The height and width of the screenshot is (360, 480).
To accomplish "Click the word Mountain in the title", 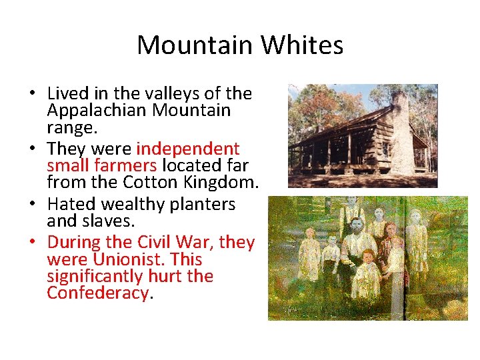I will click(195, 45).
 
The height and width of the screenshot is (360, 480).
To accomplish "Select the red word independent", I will click(187, 148).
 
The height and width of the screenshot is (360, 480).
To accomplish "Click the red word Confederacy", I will click(97, 293).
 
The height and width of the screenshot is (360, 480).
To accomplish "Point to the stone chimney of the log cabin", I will click(401, 133).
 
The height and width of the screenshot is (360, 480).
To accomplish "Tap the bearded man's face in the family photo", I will click(359, 226).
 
